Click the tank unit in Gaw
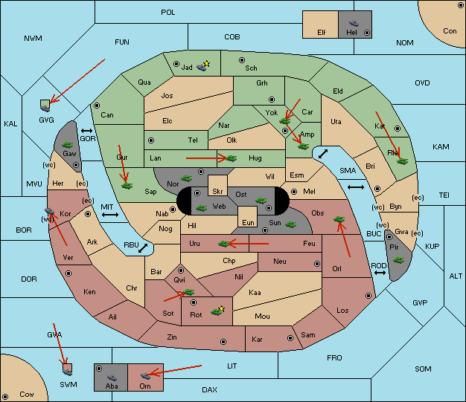pyautogui.click(x=68, y=145)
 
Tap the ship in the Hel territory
pyautogui.click(x=354, y=23)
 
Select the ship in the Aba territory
pyautogui.click(x=112, y=377)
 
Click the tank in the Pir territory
pyautogui.click(x=398, y=260)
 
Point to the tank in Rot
pyautogui.click(x=217, y=312)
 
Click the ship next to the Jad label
pyautogui.click(x=202, y=67)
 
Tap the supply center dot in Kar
pyautogui.click(x=290, y=338)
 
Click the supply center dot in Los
pyautogui.click(x=368, y=296)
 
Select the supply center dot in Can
pyautogui.click(x=97, y=106)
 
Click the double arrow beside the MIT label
pyautogui.click(x=110, y=215)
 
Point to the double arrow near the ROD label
pyautogui.click(x=380, y=273)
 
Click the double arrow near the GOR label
pyautogui.click(x=86, y=131)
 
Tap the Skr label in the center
pyautogui.click(x=217, y=192)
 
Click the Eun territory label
pyautogui.click(x=248, y=222)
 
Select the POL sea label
pyautogui.click(x=168, y=13)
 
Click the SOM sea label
pyautogui.click(x=423, y=369)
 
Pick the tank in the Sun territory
pyautogui.click(x=290, y=224)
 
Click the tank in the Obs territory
pyautogui.click(x=339, y=219)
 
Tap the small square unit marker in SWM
pyautogui.click(x=68, y=369)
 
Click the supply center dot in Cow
pyautogui.click(x=5, y=397)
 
